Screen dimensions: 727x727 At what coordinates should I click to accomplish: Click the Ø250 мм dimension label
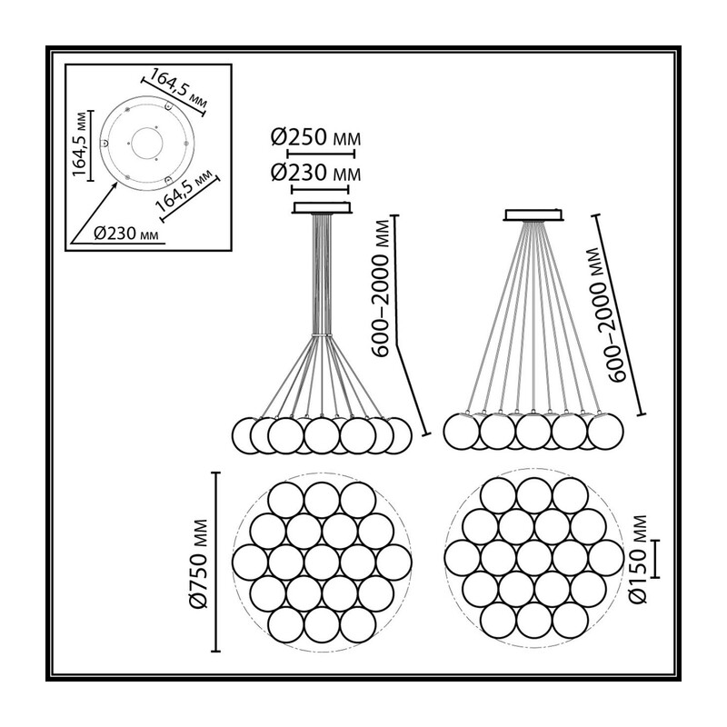[x=315, y=138]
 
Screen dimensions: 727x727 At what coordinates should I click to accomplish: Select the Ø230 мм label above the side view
[x=315, y=173]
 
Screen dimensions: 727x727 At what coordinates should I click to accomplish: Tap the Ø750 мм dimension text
[x=200, y=563]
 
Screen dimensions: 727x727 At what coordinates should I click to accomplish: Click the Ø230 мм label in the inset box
[x=126, y=233]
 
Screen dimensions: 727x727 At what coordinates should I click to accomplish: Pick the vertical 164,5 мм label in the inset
[x=80, y=144]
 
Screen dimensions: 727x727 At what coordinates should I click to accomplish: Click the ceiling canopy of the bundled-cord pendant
[x=322, y=207]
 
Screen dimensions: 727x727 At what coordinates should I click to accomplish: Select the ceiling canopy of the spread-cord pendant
[x=533, y=214]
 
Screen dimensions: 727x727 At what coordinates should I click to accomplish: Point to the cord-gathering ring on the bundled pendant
[x=322, y=334]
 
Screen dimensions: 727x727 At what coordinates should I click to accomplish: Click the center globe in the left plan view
[x=322, y=563]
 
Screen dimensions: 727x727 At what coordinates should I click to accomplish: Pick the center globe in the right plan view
[x=533, y=558]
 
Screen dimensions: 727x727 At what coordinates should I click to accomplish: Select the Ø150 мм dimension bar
[x=654, y=559]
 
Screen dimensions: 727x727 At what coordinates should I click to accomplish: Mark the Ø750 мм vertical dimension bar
[x=215, y=563]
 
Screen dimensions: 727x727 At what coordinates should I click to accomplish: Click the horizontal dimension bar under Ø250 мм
[x=321, y=154]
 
